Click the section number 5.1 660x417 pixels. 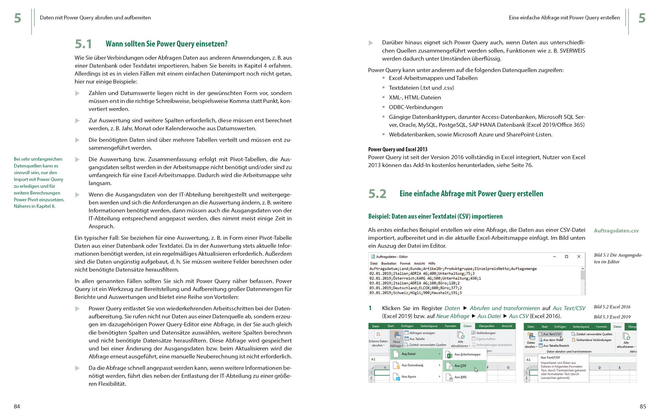click(83, 44)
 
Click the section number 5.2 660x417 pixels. click(377, 194)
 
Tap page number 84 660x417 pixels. click(17, 406)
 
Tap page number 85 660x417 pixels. click(643, 406)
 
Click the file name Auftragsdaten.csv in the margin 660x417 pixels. click(616, 231)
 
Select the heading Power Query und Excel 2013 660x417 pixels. click(398, 149)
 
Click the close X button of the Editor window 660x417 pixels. click(579, 257)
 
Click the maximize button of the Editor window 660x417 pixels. click(566, 257)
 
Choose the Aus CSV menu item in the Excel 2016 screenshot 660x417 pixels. click(460, 366)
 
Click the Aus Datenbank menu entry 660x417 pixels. click(412, 365)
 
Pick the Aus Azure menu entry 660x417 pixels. click(409, 376)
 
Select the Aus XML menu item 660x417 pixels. click(461, 377)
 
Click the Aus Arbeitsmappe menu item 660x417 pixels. click(467, 354)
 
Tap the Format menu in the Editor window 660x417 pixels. click(405, 263)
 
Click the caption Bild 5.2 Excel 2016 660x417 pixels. click(612, 307)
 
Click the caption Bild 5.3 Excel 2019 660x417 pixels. click(612, 317)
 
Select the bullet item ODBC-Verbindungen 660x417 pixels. click(416, 107)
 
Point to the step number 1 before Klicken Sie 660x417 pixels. click(370, 308)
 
